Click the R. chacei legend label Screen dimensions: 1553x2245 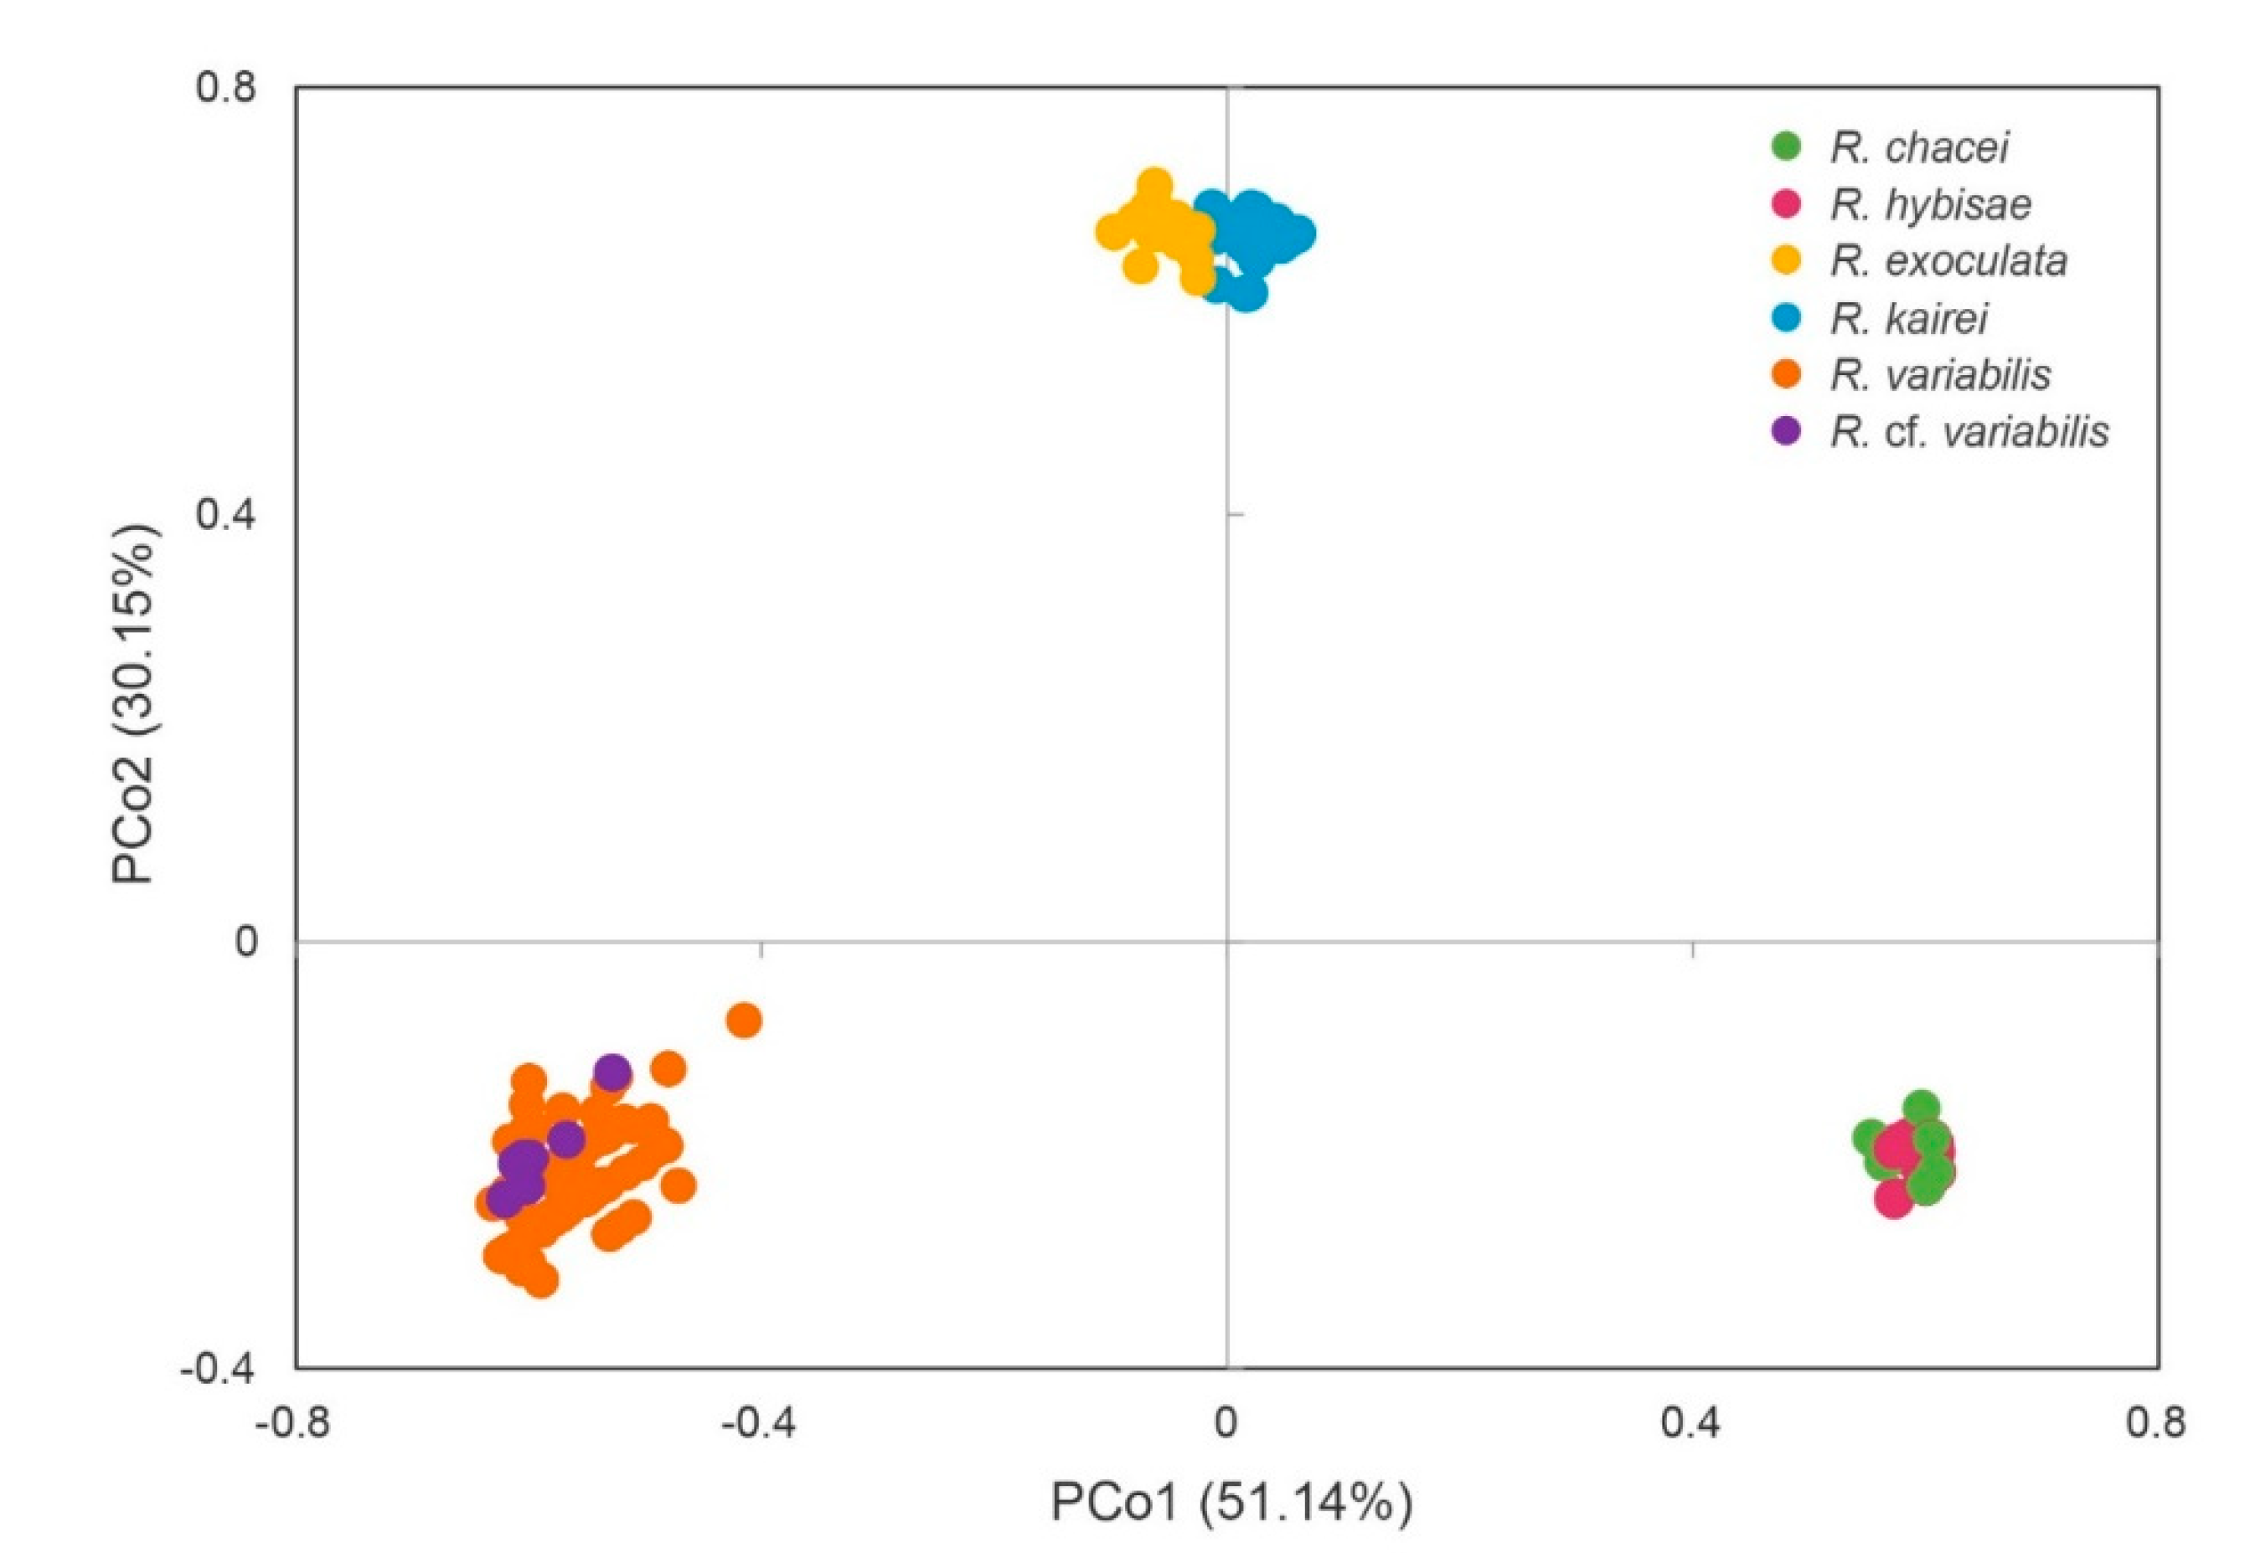point(1919,148)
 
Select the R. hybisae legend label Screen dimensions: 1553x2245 point(1931,204)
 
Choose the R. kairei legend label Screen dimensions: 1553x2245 point(1908,318)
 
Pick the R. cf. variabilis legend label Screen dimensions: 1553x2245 point(1969,431)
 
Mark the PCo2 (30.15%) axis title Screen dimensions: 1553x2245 point(134,703)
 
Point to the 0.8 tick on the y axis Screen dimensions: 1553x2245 point(226,88)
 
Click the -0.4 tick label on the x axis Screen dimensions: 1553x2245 point(757,1423)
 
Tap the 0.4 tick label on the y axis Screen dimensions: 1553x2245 point(226,514)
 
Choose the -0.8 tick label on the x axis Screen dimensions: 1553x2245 point(292,1423)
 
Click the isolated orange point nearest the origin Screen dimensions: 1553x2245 point(744,1021)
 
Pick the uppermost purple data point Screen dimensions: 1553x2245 point(612,1073)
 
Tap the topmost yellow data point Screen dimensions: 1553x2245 point(1153,184)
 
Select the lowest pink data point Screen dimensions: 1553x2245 point(1893,1198)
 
